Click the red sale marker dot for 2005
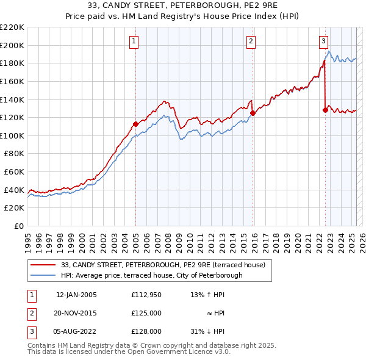(x=135, y=124)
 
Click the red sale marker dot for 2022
(x=325, y=110)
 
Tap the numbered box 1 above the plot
(x=134, y=41)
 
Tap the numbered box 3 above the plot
(x=323, y=41)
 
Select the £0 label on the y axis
(x=18, y=226)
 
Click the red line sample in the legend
(x=44, y=265)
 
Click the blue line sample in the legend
(x=44, y=275)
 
